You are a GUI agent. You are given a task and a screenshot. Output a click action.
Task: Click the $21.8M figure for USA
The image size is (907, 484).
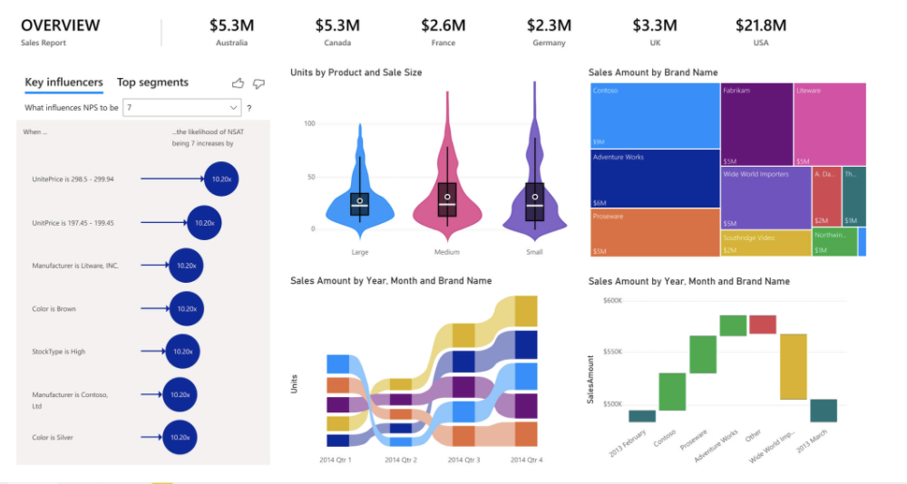click(760, 25)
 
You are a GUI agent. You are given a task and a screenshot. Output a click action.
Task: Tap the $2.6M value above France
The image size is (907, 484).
click(444, 25)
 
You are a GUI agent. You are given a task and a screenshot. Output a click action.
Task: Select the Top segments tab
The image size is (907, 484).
click(152, 82)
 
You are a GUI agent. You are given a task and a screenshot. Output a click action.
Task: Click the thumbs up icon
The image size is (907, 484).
click(238, 83)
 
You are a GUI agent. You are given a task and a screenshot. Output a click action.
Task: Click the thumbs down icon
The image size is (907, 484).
click(258, 83)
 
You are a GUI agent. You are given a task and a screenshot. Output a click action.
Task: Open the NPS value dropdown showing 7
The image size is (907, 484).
click(182, 108)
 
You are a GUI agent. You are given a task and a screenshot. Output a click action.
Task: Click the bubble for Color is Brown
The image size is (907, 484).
click(186, 309)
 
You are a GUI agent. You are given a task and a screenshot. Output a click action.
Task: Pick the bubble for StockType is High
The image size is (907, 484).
click(183, 352)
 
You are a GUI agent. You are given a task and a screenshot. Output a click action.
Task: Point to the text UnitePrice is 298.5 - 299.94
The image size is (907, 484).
click(73, 179)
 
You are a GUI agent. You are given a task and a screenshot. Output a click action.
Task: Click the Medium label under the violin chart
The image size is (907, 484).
click(447, 252)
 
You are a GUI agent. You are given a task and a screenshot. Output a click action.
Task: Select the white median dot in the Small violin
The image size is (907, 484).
click(535, 197)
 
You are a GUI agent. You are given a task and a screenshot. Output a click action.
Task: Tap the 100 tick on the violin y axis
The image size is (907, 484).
click(311, 122)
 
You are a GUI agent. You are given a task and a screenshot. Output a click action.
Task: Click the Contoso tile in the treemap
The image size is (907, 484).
click(654, 115)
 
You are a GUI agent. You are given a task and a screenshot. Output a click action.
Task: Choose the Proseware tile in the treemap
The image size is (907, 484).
click(654, 233)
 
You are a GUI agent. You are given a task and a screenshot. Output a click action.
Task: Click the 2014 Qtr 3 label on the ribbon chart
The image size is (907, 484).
click(463, 460)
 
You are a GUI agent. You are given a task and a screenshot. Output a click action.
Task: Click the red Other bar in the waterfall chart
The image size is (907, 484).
click(762, 324)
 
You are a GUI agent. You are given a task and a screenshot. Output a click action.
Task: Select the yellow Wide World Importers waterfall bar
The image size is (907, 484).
click(793, 366)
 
